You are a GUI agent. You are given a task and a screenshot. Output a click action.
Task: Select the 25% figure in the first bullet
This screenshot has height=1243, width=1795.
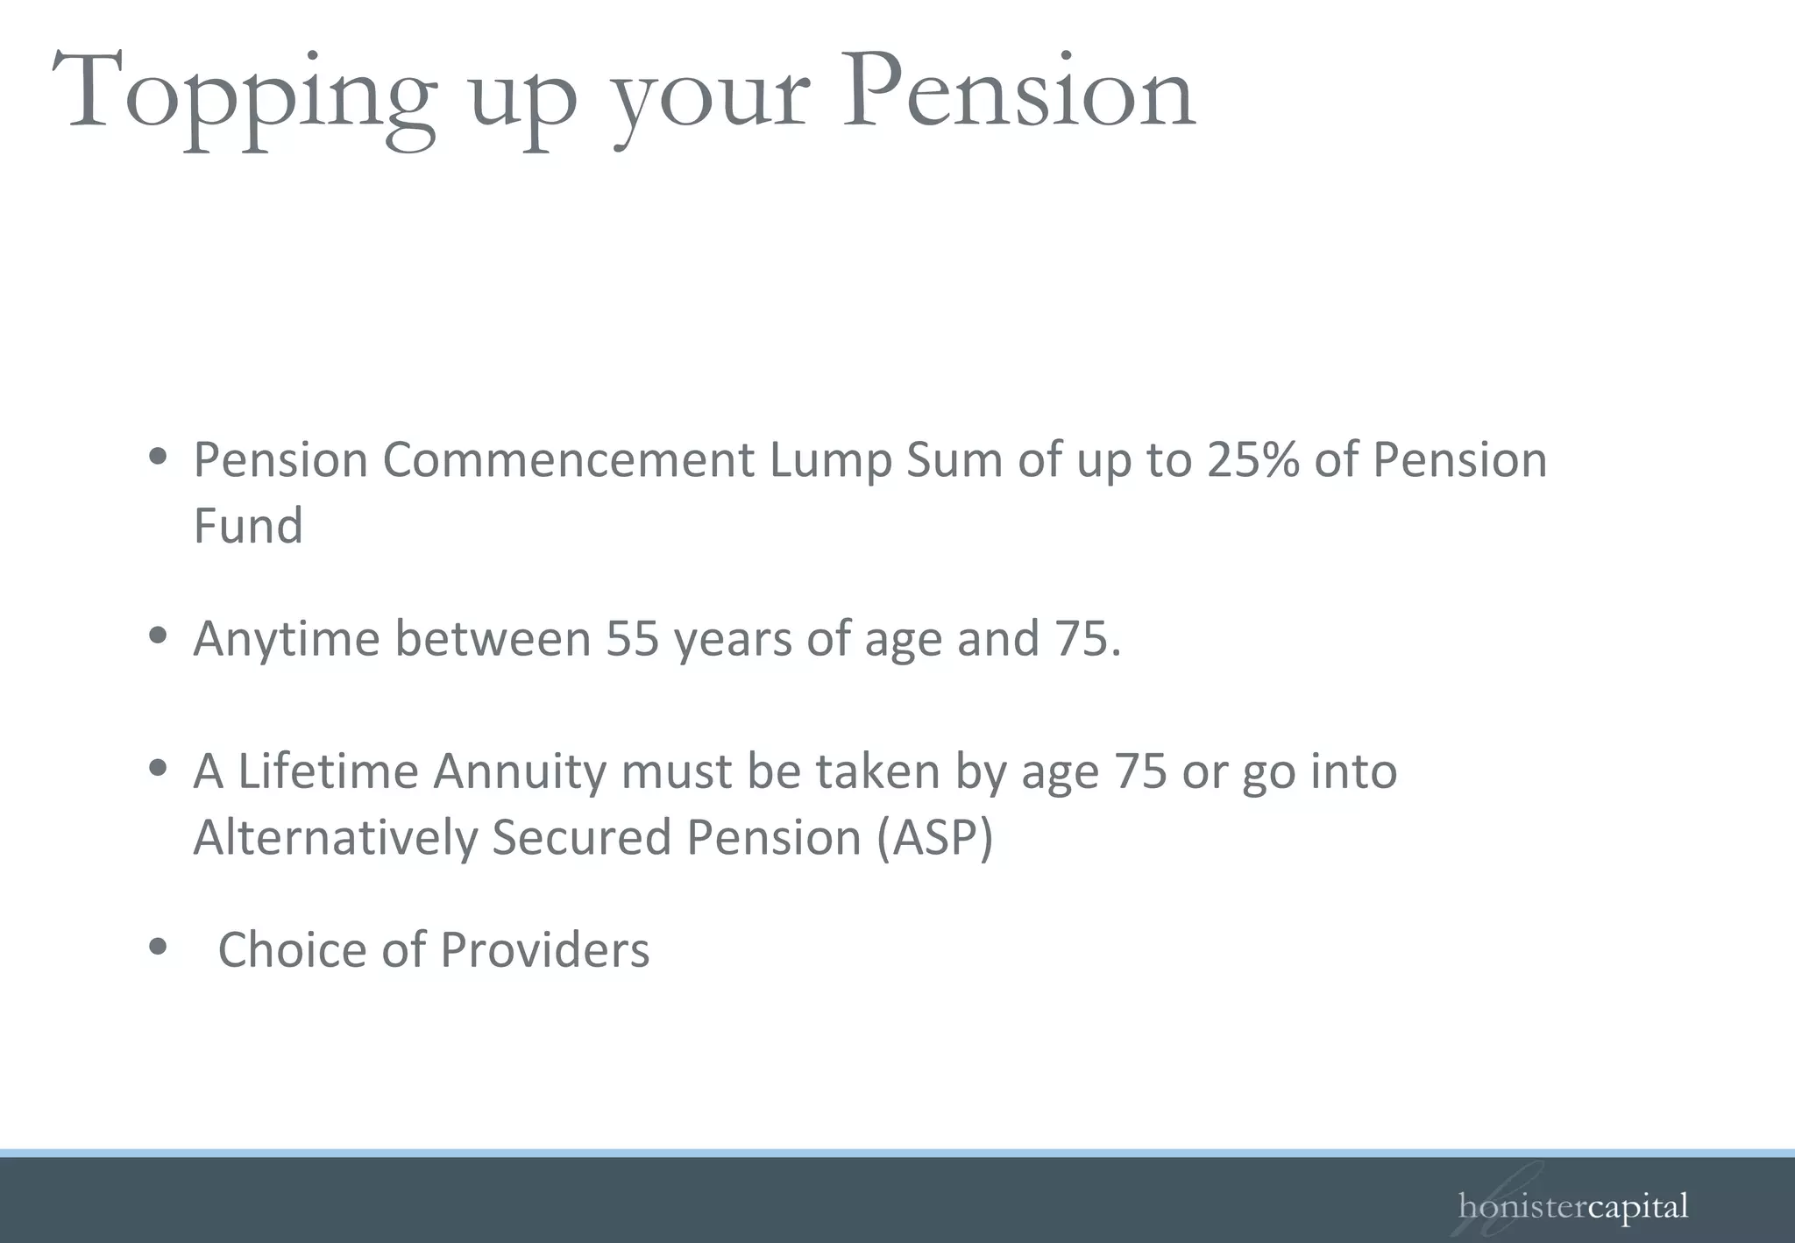(1252, 459)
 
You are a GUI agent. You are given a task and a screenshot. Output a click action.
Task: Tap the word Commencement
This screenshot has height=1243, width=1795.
(568, 459)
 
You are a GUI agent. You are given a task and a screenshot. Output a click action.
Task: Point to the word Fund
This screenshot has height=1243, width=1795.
(248, 526)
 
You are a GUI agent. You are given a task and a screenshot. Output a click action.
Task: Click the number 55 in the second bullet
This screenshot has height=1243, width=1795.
(632, 638)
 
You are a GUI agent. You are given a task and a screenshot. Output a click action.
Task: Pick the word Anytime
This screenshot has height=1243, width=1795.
(287, 639)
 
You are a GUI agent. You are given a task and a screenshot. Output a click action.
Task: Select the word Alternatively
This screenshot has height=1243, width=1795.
(335, 837)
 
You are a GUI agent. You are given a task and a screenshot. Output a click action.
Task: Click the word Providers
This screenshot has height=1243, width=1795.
(544, 949)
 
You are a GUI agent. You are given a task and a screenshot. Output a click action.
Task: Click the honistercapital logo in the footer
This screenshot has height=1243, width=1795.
(1572, 1206)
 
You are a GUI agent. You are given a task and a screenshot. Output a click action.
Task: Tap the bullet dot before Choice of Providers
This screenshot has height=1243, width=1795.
(158, 946)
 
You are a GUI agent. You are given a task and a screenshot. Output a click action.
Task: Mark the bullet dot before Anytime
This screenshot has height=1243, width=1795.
(158, 635)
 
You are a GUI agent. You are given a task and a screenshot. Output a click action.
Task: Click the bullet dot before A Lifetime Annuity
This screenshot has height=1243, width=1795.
(158, 768)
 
